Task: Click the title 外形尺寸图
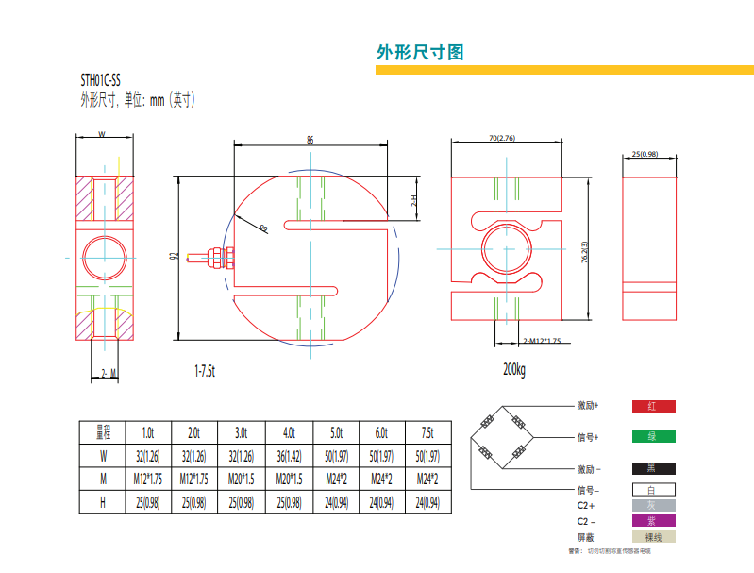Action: (x=420, y=52)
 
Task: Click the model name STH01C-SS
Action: (x=100, y=80)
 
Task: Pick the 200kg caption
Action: (x=514, y=368)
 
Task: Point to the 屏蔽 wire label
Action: (x=585, y=537)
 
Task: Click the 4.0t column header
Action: (x=288, y=433)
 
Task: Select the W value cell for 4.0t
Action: (x=288, y=457)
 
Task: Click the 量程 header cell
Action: (x=103, y=433)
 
